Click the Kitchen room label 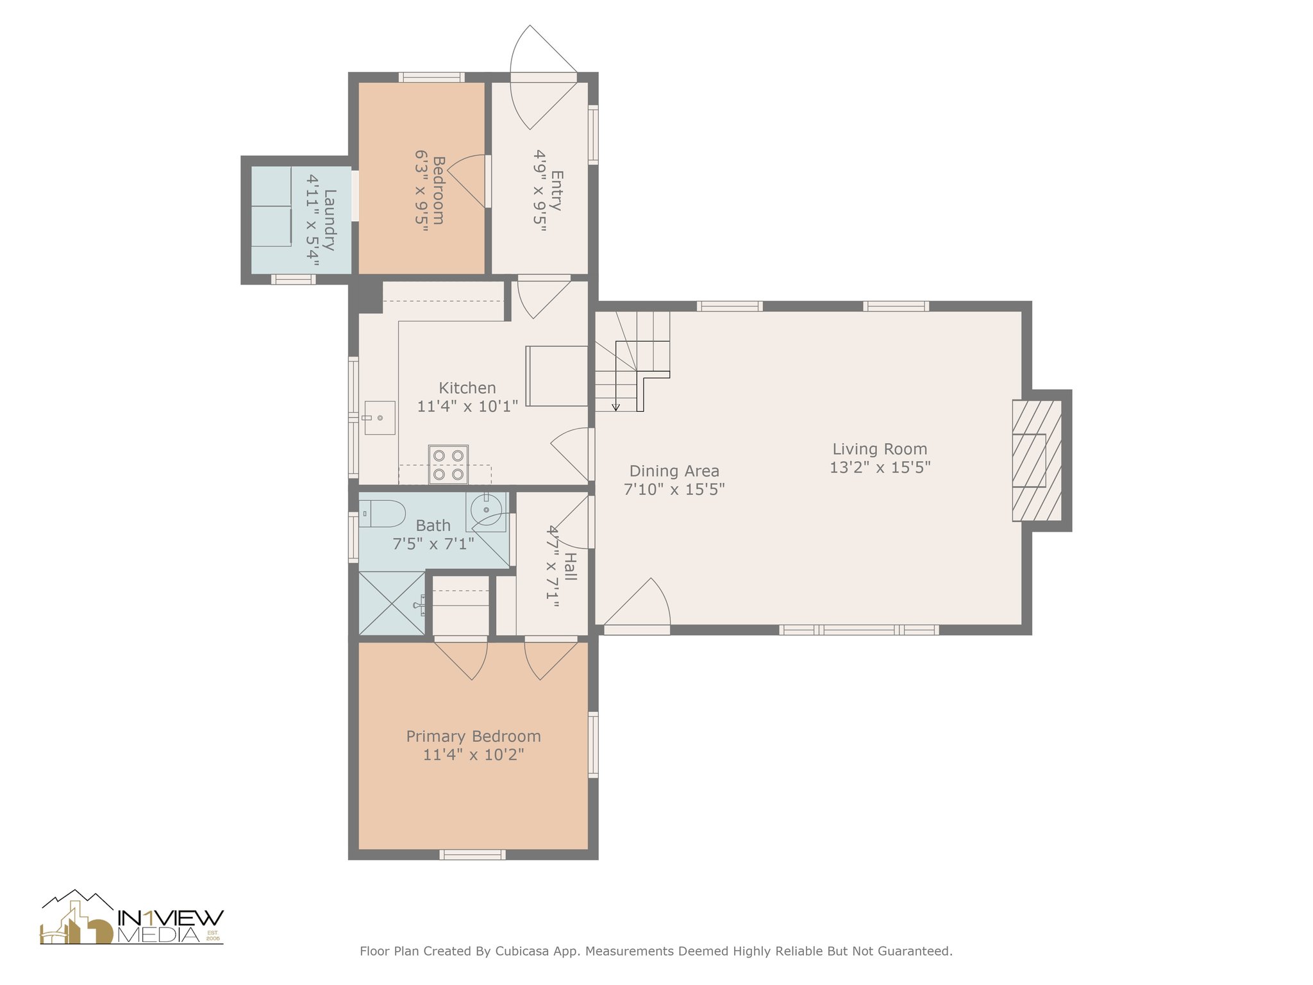(x=467, y=388)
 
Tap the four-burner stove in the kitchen (x=448, y=464)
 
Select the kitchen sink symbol (x=380, y=418)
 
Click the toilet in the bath (x=382, y=514)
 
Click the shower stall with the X (x=392, y=603)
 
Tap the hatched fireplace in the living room (x=1037, y=460)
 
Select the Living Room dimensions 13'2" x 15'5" (x=880, y=467)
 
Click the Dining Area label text (x=674, y=471)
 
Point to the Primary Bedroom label (x=474, y=736)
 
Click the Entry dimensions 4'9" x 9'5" (x=540, y=190)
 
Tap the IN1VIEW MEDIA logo (x=132, y=918)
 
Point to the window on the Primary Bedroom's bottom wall (x=473, y=854)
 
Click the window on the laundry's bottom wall (x=293, y=279)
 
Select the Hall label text (x=571, y=567)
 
